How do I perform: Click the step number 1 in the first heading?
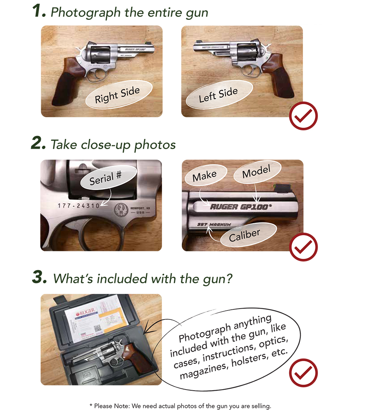click(39, 12)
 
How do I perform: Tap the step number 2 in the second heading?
click(39, 144)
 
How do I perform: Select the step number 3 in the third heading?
click(40, 278)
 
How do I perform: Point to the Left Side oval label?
click(218, 95)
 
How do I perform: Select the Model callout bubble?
click(256, 173)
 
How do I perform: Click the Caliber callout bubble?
click(244, 235)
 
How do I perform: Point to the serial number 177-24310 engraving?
click(79, 206)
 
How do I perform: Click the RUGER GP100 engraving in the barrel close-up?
click(239, 207)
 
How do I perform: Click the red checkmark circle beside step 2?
click(303, 247)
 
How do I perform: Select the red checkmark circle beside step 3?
click(303, 373)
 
